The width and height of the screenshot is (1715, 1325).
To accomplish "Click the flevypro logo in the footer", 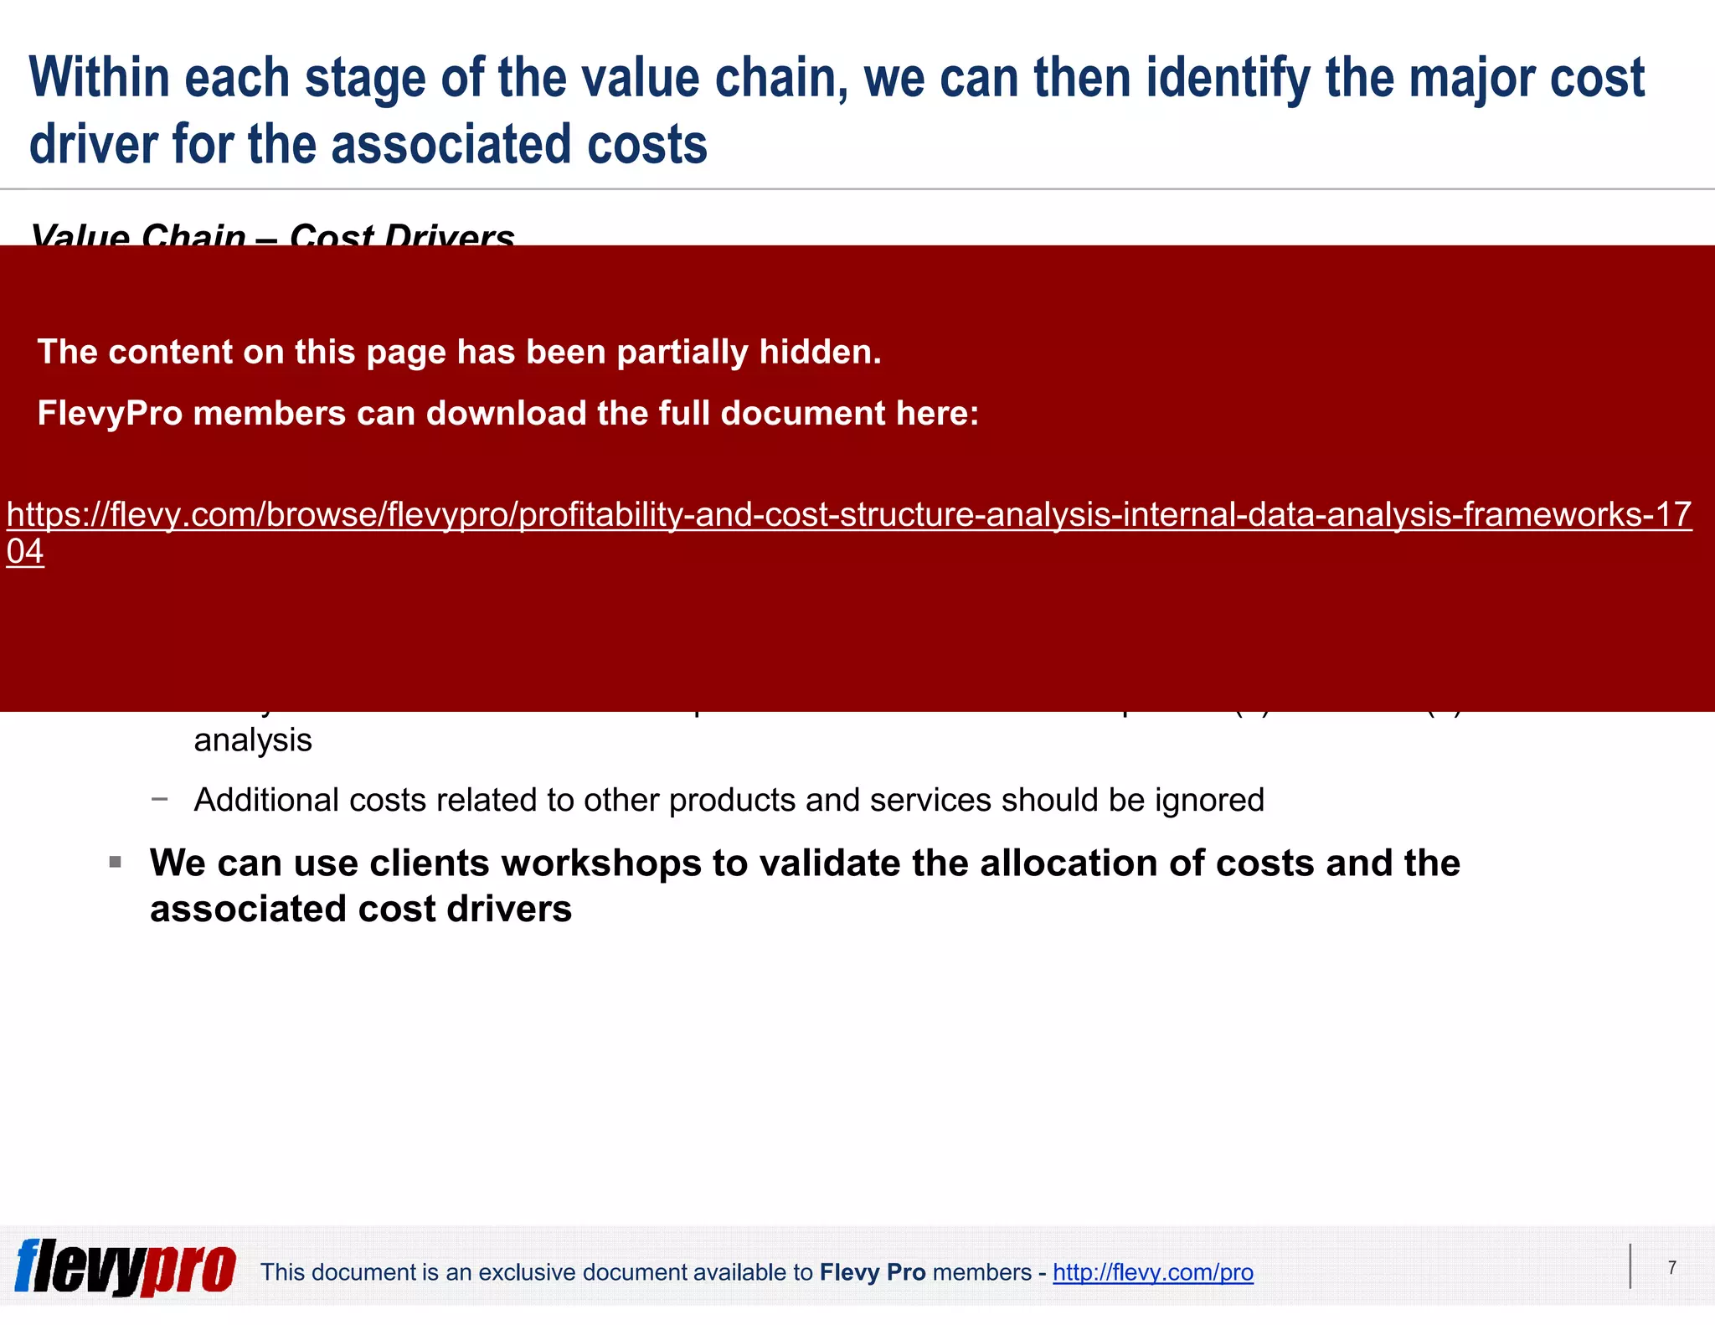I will click(125, 1267).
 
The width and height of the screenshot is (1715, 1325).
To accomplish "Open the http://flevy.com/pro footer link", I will click(1152, 1272).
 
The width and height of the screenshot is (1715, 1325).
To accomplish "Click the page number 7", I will click(1671, 1267).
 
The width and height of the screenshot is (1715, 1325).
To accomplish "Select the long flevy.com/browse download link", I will click(848, 515).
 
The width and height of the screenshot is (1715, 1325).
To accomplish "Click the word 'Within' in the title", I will click(100, 78).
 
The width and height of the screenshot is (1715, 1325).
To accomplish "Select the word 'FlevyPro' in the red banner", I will click(109, 414).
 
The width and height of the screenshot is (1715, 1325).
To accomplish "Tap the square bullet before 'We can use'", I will click(116, 862).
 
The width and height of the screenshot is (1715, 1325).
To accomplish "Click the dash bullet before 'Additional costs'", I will click(159, 800).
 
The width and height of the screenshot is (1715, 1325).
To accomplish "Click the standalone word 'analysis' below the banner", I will click(253, 740).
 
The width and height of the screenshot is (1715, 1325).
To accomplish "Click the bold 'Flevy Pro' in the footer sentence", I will click(872, 1272).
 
